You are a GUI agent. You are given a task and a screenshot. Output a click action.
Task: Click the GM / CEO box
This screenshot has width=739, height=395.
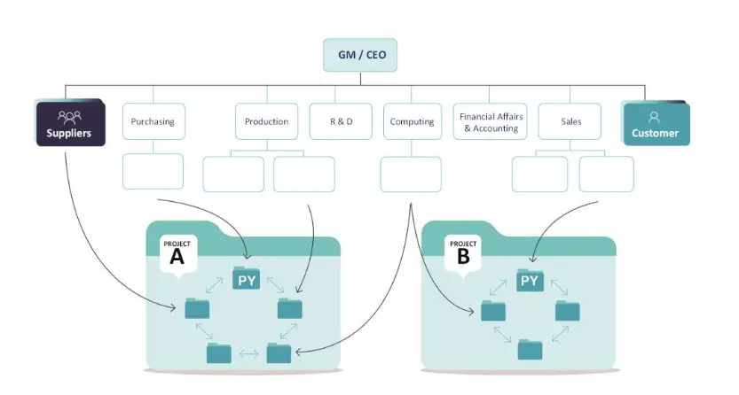tap(360, 55)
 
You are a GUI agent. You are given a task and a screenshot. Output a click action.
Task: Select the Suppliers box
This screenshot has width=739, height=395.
tap(71, 123)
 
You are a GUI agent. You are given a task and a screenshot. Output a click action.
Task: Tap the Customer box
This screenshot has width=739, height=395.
tap(656, 124)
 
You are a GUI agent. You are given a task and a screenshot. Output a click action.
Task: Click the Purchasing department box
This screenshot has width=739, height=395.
tap(153, 121)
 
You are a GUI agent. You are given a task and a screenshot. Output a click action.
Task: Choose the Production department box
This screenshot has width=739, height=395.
tap(267, 121)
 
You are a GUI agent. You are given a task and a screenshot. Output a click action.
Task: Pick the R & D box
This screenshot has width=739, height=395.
tap(341, 121)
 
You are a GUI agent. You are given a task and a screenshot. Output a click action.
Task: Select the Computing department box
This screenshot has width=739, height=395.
tap(413, 121)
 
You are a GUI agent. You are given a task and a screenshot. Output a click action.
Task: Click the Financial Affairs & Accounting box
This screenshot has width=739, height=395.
tap(490, 121)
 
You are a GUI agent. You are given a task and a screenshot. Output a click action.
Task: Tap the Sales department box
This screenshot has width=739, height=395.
tap(570, 121)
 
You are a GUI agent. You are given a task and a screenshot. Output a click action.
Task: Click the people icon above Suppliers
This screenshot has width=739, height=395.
tap(69, 117)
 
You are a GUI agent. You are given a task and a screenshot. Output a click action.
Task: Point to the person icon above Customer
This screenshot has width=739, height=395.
tap(654, 117)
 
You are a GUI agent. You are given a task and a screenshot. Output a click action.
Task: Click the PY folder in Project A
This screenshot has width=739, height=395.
tap(247, 278)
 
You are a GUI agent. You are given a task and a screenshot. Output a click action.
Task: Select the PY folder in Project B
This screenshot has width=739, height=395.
tap(531, 280)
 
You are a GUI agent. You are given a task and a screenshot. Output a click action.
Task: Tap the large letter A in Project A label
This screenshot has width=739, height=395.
tap(177, 257)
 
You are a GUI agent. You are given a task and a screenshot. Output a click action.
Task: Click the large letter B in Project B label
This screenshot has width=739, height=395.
tap(463, 257)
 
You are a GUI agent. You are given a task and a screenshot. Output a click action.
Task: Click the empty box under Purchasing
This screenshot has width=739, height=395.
tap(153, 171)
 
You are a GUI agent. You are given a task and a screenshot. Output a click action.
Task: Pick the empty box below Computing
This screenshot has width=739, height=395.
tap(411, 174)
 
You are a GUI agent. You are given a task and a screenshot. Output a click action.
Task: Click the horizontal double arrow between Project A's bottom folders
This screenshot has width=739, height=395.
tap(248, 353)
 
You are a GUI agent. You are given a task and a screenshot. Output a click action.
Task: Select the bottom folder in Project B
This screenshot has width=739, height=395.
tap(530, 349)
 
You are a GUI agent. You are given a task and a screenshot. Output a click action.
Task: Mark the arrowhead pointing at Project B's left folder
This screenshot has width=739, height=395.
tap(471, 311)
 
